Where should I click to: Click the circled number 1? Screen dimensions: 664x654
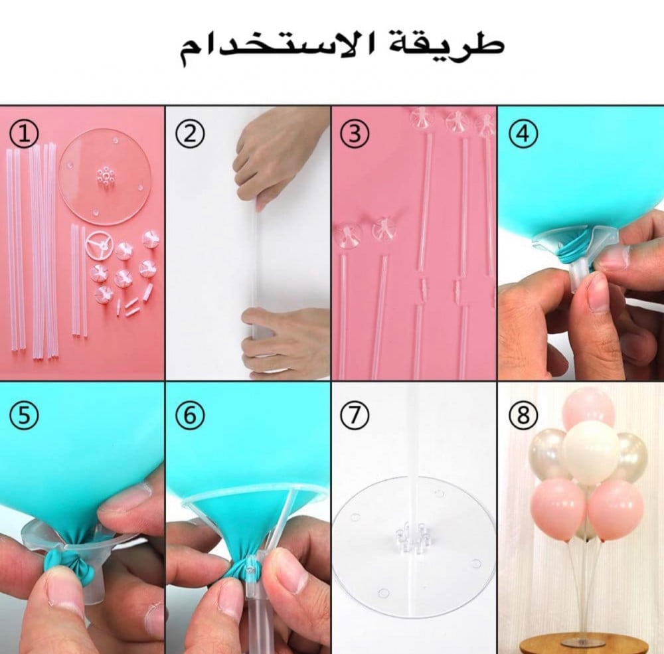24,134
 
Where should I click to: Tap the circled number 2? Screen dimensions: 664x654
190,134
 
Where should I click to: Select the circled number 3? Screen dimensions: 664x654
355,133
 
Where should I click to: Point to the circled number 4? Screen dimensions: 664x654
523,134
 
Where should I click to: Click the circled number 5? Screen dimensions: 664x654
24,415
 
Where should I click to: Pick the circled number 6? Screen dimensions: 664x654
190,415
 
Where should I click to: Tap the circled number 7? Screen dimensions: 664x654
355,415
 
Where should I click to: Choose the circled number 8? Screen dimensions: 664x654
523,415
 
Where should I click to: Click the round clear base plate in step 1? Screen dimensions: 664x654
105,177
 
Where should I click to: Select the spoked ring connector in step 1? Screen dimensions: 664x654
100,245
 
